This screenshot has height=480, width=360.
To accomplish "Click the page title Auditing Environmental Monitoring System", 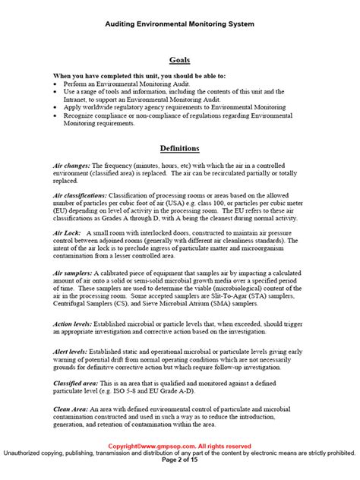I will pos(179,25).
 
